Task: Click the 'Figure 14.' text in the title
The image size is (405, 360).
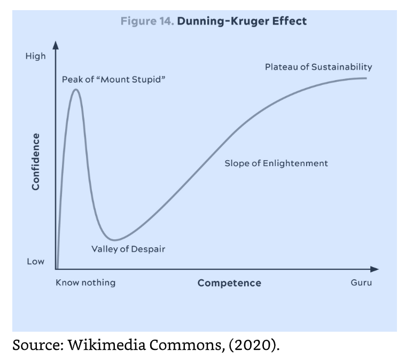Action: [x=147, y=21]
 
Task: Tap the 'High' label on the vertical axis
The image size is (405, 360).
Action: [x=35, y=56]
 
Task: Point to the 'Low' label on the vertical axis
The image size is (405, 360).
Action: [x=35, y=262]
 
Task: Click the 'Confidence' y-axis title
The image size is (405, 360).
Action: [x=36, y=161]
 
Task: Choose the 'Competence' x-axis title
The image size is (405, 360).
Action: [x=229, y=283]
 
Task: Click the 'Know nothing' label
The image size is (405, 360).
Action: [x=85, y=283]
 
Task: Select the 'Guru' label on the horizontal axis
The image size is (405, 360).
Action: [x=361, y=283]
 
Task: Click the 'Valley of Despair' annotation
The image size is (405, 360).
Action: [x=128, y=249]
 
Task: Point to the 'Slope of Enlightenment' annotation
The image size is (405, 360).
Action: [x=276, y=163]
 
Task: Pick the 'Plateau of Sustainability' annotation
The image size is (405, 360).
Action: [x=318, y=67]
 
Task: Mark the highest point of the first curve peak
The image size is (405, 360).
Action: [x=76, y=89]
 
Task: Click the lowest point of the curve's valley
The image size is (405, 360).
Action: [x=114, y=240]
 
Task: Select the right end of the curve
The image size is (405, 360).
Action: [x=367, y=79]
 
